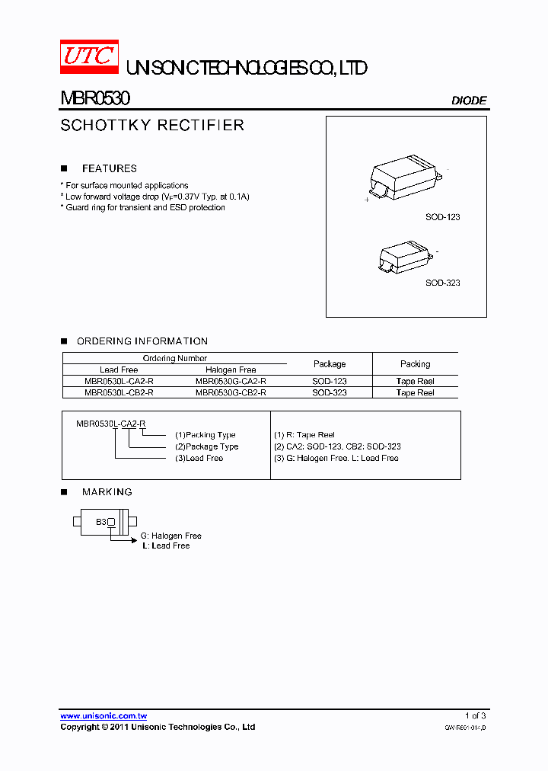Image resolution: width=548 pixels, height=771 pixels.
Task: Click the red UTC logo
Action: pyautogui.click(x=89, y=57)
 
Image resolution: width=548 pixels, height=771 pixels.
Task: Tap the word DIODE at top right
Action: pyautogui.click(x=469, y=101)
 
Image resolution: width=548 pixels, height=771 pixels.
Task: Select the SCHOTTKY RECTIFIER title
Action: pyautogui.click(x=152, y=126)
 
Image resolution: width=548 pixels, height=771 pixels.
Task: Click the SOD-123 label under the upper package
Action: pyautogui.click(x=442, y=217)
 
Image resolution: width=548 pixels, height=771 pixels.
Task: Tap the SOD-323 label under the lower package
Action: pyautogui.click(x=442, y=283)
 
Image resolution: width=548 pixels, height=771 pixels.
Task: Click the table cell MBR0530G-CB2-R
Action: pyautogui.click(x=231, y=393)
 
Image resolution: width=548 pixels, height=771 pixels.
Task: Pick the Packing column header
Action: pyautogui.click(x=415, y=364)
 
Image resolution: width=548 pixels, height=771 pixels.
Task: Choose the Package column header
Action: pyautogui.click(x=330, y=364)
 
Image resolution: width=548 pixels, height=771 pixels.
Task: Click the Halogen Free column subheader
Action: pyautogui.click(x=231, y=370)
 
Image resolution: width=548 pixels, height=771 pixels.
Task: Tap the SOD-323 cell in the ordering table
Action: pyautogui.click(x=330, y=393)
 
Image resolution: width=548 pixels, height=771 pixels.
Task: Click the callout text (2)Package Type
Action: pyautogui.click(x=207, y=446)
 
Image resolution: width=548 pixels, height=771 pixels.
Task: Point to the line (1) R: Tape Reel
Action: pyautogui.click(x=304, y=435)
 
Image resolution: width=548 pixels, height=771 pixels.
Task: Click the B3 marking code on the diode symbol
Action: pyautogui.click(x=100, y=522)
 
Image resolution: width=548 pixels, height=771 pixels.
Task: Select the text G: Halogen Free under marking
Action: pyautogui.click(x=171, y=536)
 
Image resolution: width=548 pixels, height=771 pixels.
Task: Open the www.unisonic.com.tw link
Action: pyautogui.click(x=104, y=716)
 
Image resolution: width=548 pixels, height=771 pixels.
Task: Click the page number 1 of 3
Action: pyautogui.click(x=475, y=716)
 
